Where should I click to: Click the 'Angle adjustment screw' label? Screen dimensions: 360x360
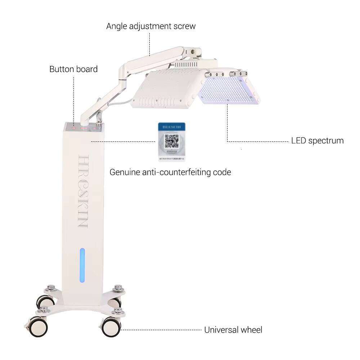coord(151,26)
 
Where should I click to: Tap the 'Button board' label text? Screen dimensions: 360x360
coord(73,69)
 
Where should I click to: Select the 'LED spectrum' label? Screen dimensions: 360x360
coord(317,140)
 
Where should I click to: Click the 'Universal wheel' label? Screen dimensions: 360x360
coord(233,330)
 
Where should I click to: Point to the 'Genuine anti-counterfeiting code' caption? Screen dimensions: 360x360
coord(170,172)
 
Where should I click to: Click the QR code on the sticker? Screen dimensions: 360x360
coord(172,141)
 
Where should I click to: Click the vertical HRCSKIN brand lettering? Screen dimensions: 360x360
coord(82,192)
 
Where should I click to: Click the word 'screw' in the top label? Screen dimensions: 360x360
coord(184,26)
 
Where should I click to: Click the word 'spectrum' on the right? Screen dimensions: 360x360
coord(326,140)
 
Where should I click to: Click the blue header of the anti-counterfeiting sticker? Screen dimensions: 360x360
coord(172,127)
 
